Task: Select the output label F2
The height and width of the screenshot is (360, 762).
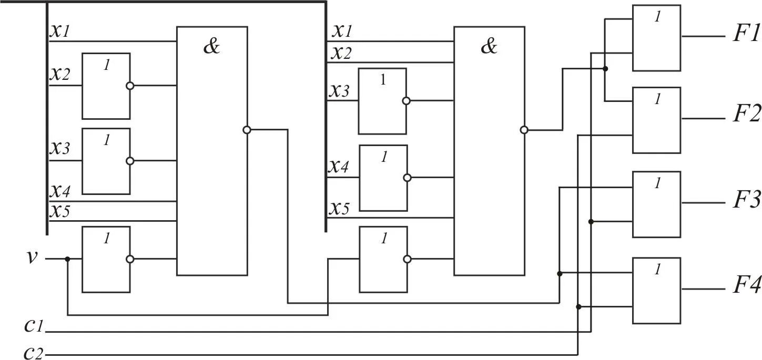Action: tap(746, 114)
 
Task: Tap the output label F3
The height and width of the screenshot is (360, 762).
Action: tap(746, 200)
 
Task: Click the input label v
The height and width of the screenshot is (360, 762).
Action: tap(32, 258)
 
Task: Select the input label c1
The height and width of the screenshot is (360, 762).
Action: tap(34, 326)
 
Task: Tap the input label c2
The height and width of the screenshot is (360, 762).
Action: tap(34, 353)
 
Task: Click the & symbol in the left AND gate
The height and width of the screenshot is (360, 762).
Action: tap(211, 47)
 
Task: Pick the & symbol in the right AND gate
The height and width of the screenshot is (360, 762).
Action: tap(489, 47)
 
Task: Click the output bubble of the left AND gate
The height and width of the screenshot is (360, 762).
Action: tap(247, 130)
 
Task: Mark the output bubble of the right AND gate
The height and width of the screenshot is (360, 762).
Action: tap(524, 130)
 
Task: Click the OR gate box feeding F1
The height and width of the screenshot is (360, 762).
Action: tap(656, 38)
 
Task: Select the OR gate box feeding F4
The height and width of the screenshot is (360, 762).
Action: tap(656, 290)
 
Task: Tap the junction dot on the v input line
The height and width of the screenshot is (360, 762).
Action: tap(67, 259)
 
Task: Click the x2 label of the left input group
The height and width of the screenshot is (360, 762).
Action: tap(59, 74)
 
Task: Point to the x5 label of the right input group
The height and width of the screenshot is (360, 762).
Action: tap(339, 209)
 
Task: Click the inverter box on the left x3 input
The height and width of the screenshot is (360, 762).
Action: tap(106, 161)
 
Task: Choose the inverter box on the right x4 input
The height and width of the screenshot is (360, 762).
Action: tap(382, 178)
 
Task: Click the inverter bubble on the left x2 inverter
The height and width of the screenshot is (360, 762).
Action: tap(130, 86)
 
